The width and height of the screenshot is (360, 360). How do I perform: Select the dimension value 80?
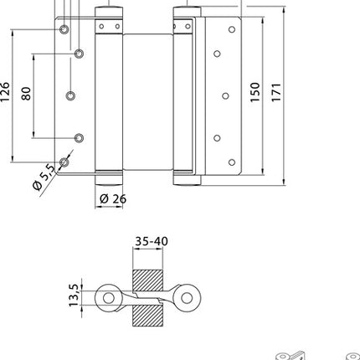click(27, 93)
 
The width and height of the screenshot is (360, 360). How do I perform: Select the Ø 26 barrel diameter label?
click(112, 199)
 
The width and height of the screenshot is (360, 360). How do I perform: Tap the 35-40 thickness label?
click(151, 242)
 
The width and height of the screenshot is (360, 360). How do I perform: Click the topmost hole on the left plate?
click(63, 29)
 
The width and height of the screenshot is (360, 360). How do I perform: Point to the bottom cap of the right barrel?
click(183, 178)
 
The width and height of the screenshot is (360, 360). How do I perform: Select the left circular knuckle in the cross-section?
click(107, 297)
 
